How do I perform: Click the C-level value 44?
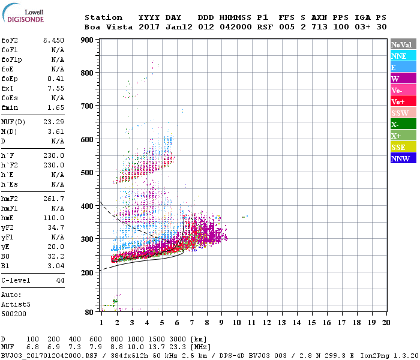coord(60,280)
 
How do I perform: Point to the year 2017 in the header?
coord(149,27)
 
